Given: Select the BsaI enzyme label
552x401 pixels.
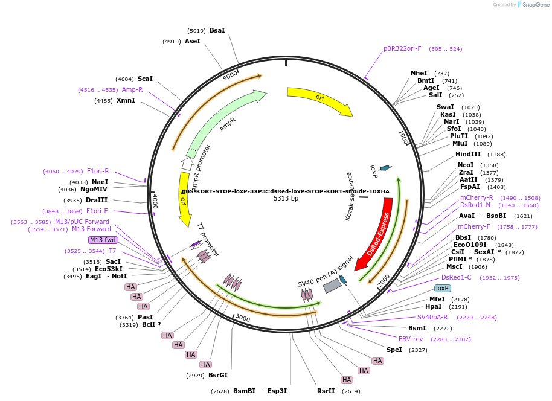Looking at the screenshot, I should pyautogui.click(x=217, y=30).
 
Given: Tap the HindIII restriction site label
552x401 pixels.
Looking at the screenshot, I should pyautogui.click(x=468, y=155).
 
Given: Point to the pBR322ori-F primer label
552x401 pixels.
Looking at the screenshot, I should pyautogui.click(x=402, y=48).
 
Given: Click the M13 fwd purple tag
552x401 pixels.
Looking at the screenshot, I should pyautogui.click(x=103, y=240).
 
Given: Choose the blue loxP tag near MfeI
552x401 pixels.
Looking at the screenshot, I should pyautogui.click(x=443, y=288).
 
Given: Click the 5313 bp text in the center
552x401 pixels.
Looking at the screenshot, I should pyautogui.click(x=286, y=198).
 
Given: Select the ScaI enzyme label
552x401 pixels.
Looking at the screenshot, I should pyautogui.click(x=145, y=79).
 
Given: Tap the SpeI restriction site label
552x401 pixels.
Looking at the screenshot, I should pyautogui.click(x=394, y=350).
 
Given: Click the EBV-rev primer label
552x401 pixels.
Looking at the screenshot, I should pyautogui.click(x=411, y=339).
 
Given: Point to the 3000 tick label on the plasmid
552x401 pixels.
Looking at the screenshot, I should pyautogui.click(x=243, y=318).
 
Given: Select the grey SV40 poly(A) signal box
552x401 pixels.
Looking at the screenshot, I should pyautogui.click(x=332, y=286).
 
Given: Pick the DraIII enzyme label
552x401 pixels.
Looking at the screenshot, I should pyautogui.click(x=97, y=200).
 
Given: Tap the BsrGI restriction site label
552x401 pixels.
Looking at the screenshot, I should pyautogui.click(x=218, y=375).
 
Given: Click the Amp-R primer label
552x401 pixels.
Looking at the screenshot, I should pyautogui.click(x=132, y=89).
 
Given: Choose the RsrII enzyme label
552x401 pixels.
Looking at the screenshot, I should pyautogui.click(x=326, y=391).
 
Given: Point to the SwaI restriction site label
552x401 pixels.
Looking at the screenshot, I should pyautogui.click(x=445, y=107).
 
